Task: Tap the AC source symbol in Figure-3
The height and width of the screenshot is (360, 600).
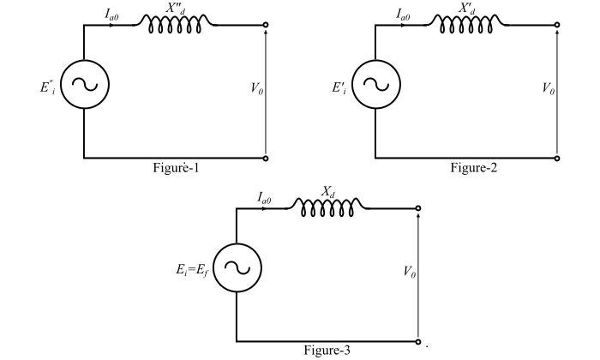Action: (x=236, y=266)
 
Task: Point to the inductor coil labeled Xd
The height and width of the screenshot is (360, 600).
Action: (x=327, y=207)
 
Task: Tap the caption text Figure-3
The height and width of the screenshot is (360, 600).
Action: (x=326, y=350)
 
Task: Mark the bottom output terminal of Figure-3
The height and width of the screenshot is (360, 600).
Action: (x=418, y=341)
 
